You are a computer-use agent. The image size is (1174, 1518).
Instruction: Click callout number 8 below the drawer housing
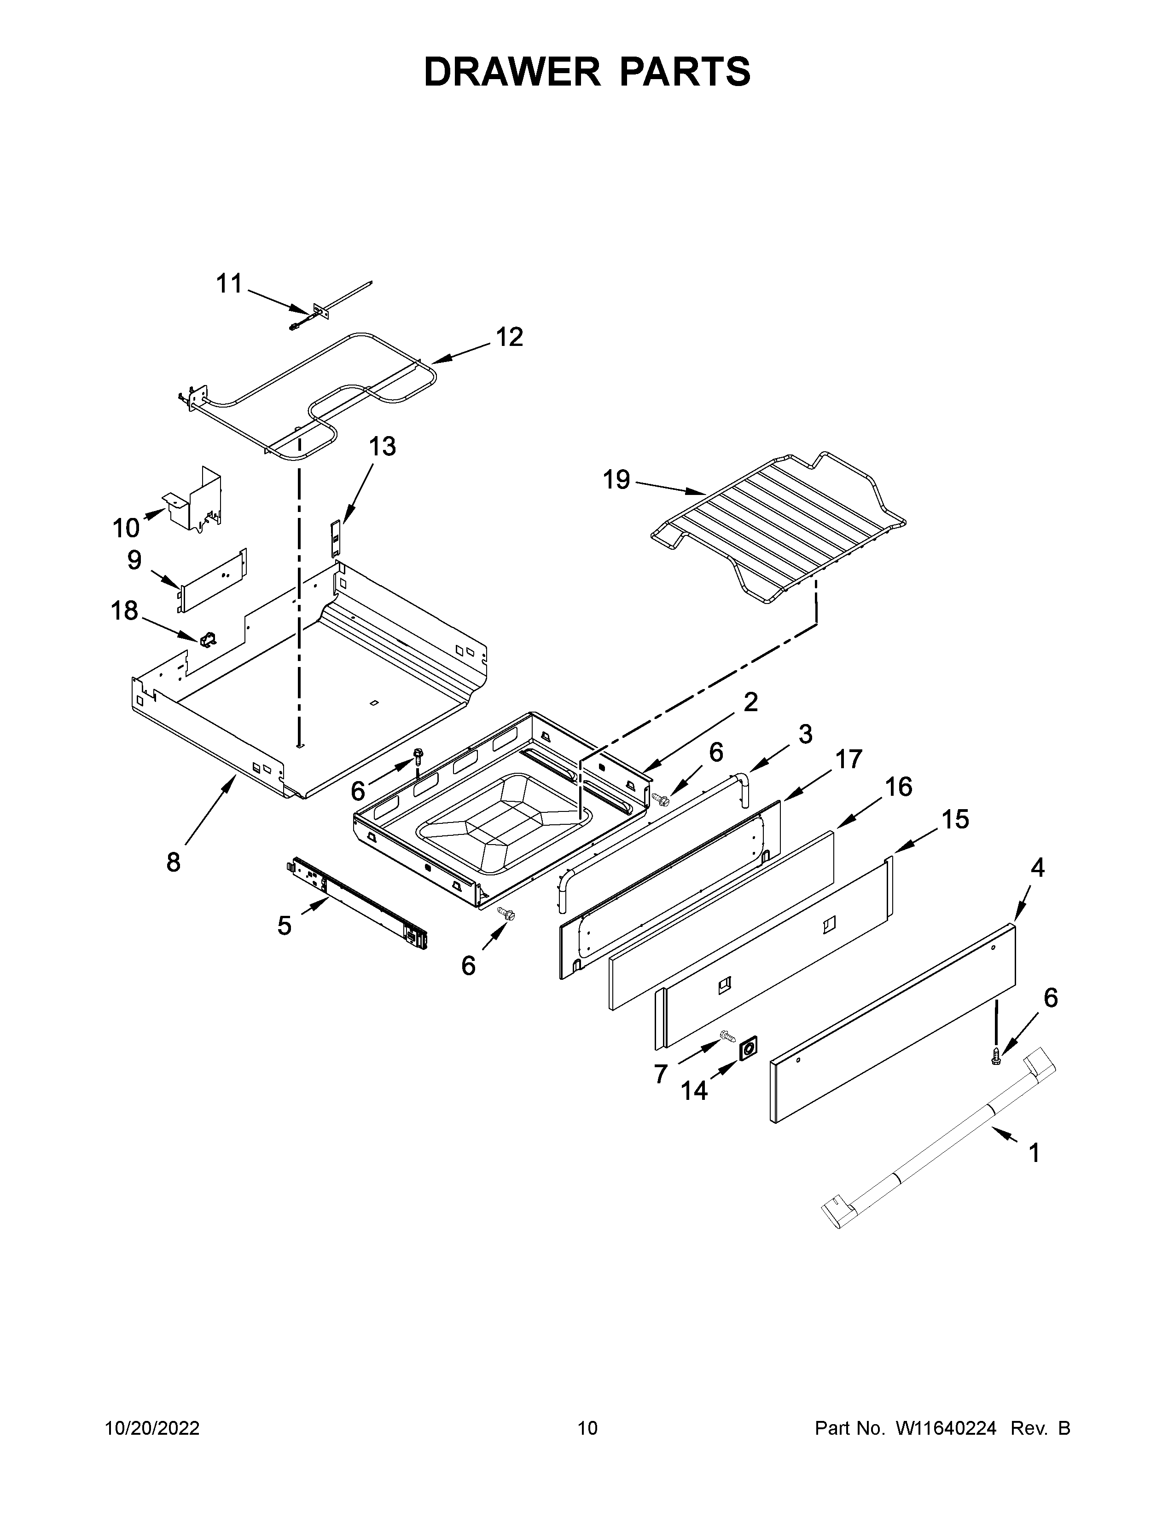[x=173, y=862]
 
